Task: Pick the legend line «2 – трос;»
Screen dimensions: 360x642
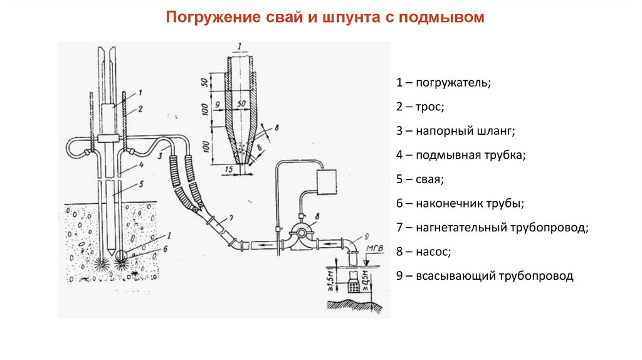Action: pyautogui.click(x=420, y=107)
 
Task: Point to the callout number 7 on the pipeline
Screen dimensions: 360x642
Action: pyautogui.click(x=231, y=218)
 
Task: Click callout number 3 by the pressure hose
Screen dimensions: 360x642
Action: pyautogui.click(x=160, y=154)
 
